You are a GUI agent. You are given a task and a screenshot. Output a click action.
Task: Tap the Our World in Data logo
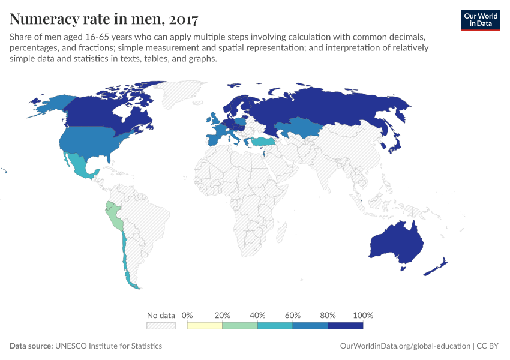pos(480,20)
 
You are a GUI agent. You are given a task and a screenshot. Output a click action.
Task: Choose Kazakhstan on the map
pos(303,127)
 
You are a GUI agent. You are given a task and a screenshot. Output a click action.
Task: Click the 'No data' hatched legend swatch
pos(161,326)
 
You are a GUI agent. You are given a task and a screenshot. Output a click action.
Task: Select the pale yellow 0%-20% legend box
pos(205,326)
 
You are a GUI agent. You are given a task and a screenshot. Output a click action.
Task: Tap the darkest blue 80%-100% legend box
pos(345,326)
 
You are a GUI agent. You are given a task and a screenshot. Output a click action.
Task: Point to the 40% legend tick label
pos(257,315)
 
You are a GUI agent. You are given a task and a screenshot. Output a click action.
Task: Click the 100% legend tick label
pos(363,315)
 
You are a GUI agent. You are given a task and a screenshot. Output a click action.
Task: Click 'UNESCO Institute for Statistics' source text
pos(109,346)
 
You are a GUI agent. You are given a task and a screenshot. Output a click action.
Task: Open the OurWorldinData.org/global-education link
pos(405,346)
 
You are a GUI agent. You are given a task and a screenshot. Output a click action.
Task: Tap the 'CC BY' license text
pos(488,346)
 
